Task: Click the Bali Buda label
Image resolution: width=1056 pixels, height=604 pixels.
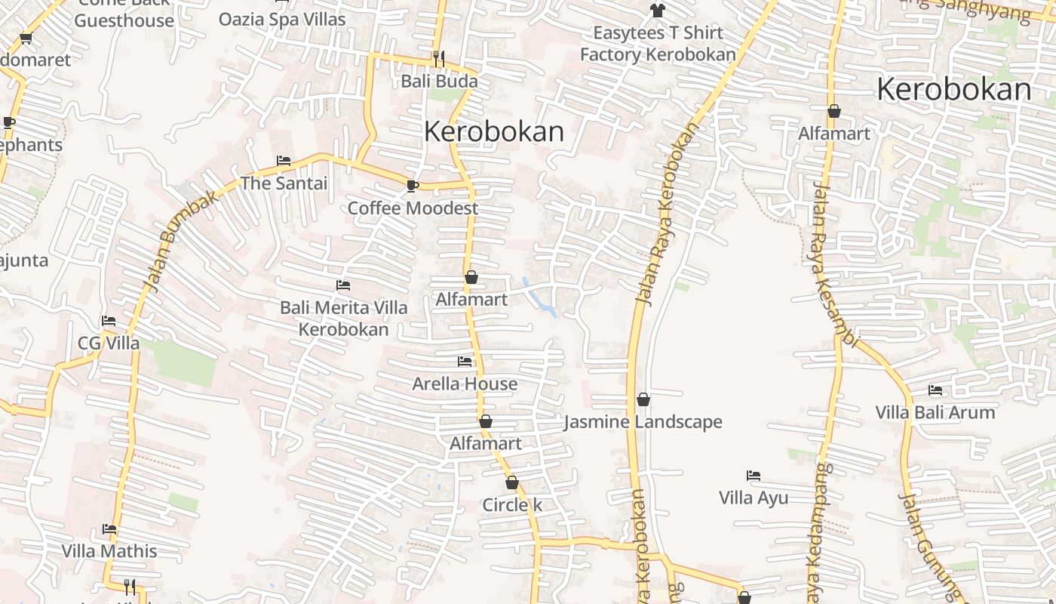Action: click(x=439, y=81)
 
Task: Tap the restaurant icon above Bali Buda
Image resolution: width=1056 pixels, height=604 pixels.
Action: click(x=438, y=57)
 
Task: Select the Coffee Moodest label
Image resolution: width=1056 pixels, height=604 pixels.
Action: click(x=413, y=208)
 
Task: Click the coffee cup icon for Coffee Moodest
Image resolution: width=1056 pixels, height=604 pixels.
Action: click(x=412, y=185)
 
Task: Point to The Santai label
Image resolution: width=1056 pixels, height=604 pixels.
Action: click(x=284, y=183)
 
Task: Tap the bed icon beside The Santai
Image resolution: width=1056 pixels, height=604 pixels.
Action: click(x=284, y=160)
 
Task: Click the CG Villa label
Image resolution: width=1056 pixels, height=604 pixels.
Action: click(x=109, y=343)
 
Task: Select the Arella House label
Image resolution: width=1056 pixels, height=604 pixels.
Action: click(x=465, y=384)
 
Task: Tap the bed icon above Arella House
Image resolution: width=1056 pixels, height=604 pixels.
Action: click(x=465, y=362)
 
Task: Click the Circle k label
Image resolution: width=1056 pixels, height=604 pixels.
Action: click(x=512, y=505)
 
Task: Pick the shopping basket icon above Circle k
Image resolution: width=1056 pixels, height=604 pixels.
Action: click(x=512, y=482)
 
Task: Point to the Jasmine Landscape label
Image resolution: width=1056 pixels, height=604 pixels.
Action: click(x=643, y=422)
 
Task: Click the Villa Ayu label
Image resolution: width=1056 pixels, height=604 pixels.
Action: click(x=754, y=498)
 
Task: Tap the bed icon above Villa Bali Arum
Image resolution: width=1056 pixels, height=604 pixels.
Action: click(x=935, y=390)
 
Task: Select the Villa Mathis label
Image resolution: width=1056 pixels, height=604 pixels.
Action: click(x=109, y=551)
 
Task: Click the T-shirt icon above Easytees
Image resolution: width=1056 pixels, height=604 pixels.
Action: click(x=658, y=11)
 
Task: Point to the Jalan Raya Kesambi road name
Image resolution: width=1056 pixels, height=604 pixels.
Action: click(x=834, y=264)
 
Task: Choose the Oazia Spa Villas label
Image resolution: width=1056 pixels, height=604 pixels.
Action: click(x=282, y=20)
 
